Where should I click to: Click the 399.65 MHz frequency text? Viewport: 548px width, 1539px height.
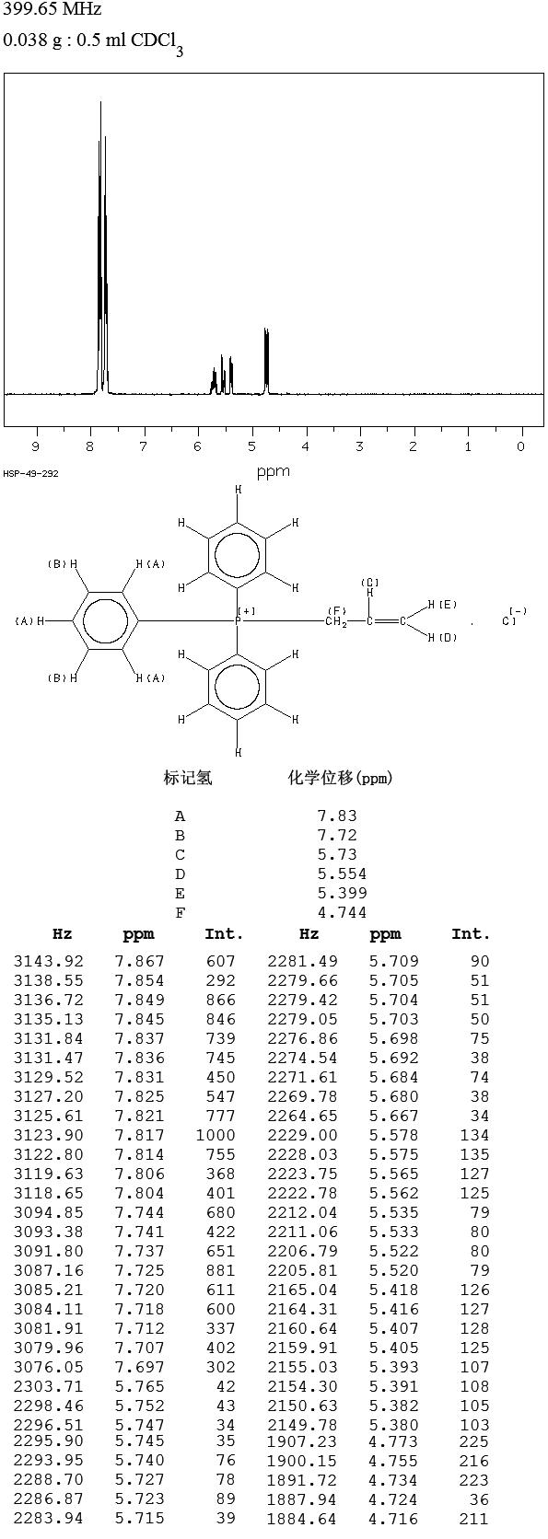[x=52, y=9]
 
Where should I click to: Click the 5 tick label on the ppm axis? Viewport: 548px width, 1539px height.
[x=251, y=446]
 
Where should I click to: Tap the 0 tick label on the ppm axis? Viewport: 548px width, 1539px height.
[x=521, y=446]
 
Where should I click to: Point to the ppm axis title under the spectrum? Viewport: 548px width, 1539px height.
[x=274, y=472]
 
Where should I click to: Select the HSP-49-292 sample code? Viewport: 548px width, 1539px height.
[x=31, y=473]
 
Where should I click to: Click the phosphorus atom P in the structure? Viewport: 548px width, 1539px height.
[x=238, y=621]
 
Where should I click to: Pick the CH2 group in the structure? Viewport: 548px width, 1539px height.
[x=336, y=622]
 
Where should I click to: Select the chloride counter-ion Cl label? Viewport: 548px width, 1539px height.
[x=509, y=621]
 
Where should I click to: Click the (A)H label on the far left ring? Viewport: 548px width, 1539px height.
[x=29, y=621]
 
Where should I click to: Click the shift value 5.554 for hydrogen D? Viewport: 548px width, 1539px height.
[x=342, y=874]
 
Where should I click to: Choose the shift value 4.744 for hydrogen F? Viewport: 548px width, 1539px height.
[x=342, y=912]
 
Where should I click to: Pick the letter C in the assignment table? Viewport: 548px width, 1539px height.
[x=181, y=855]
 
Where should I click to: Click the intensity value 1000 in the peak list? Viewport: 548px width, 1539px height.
[x=216, y=1135]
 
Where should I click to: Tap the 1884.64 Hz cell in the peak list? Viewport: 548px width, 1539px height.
[x=297, y=1519]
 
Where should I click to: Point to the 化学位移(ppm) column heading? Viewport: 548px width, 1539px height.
[x=340, y=778]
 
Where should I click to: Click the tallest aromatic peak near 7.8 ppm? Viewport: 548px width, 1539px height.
[x=101, y=248]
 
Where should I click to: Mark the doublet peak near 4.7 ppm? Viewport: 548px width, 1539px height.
[x=266, y=362]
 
